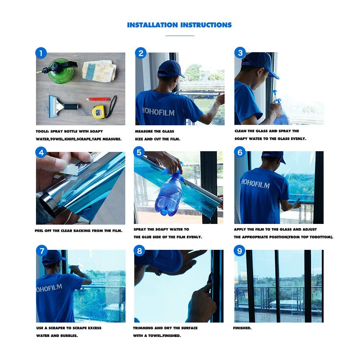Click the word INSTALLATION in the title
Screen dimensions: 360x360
click(x=152, y=25)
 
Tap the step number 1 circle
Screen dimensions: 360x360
click(x=41, y=53)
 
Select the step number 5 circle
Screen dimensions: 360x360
click(x=139, y=152)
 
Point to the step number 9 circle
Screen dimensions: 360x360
click(x=239, y=251)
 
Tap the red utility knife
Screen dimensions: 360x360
click(x=98, y=99)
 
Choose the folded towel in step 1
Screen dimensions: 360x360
click(x=99, y=71)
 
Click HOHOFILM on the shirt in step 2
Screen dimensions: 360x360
click(x=158, y=112)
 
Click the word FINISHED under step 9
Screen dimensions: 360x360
click(x=242, y=328)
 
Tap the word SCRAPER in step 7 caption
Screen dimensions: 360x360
click(x=60, y=328)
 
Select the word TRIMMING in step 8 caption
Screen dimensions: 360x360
click(x=143, y=328)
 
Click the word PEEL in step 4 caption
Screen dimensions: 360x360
click(x=39, y=231)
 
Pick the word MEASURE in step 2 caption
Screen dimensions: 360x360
click(x=144, y=131)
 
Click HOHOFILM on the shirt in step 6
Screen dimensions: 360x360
click(x=255, y=184)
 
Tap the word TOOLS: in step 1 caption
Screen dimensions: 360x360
click(x=42, y=131)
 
